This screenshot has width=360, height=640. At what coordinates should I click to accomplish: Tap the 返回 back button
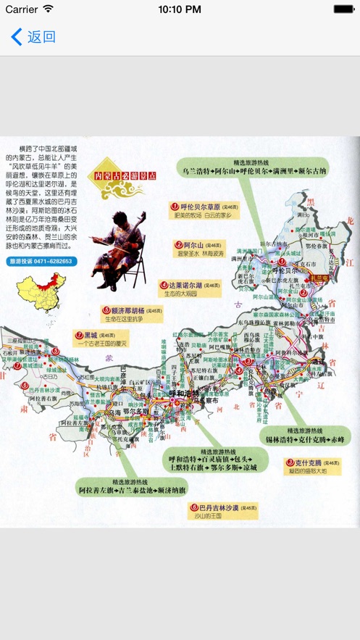pos(33,37)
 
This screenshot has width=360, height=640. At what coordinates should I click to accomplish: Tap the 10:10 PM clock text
pos(180,9)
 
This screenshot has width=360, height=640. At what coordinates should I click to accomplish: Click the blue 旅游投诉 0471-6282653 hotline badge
pos(41,261)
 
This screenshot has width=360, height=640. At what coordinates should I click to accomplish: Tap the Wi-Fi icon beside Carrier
pos(49,9)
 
